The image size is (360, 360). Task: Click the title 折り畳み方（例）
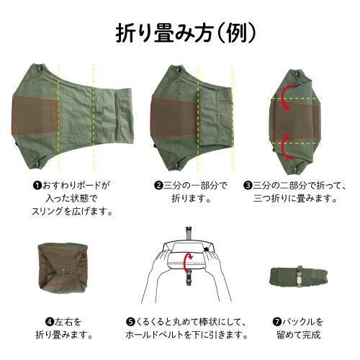[x=185, y=33]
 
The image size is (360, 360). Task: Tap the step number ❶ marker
[x=37, y=186]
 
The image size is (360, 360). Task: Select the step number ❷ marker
[x=158, y=186]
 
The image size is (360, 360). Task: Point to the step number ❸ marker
[x=248, y=186]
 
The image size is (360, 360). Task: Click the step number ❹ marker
[x=50, y=322]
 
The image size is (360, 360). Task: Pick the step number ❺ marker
[x=130, y=322]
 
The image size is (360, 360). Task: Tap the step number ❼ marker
[x=277, y=322]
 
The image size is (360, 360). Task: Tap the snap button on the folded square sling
[x=64, y=270]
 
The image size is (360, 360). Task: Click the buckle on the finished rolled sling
[x=299, y=276]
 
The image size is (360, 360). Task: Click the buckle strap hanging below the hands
[x=189, y=278]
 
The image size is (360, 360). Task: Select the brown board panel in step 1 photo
[x=35, y=115]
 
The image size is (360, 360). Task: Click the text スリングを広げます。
[x=72, y=212]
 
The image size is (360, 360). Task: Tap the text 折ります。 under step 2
[x=192, y=199]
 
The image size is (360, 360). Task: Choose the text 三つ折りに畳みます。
[x=294, y=199]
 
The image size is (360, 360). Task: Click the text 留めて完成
[x=298, y=335]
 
